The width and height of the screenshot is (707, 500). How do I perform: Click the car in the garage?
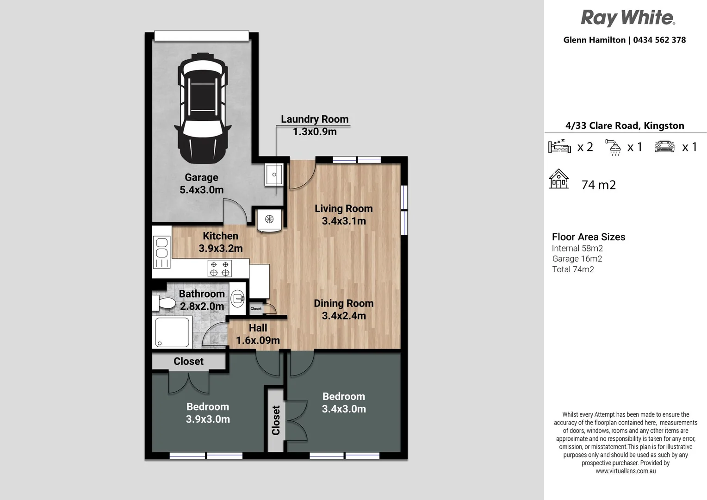pos(203,108)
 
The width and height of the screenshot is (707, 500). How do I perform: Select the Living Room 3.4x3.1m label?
pos(344,215)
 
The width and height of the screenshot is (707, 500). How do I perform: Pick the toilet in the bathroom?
pos(163,303)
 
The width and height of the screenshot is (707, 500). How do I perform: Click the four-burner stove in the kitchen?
pos(220,269)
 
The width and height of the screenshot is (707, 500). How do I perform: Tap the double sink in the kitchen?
pos(161,253)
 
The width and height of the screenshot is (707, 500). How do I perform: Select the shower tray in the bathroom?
pos(172,333)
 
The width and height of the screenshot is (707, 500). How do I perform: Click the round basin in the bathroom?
pos(237,298)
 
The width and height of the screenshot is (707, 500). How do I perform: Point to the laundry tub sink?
pos(274,175)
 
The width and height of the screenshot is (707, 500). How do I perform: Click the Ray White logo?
pos(628,18)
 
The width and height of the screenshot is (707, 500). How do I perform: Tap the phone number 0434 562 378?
pos(659,40)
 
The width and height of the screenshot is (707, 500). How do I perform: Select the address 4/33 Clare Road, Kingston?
pos(625,126)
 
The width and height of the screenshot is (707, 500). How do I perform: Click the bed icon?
pos(559,146)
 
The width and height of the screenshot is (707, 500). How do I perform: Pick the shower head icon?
pos(613,147)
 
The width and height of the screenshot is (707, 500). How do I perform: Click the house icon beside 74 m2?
pos(558,179)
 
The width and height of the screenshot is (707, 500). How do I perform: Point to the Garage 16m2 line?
pos(577,259)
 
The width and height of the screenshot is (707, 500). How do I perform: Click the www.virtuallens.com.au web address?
pos(626,471)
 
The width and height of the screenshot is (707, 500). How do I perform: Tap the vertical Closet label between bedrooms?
pos(276,420)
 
